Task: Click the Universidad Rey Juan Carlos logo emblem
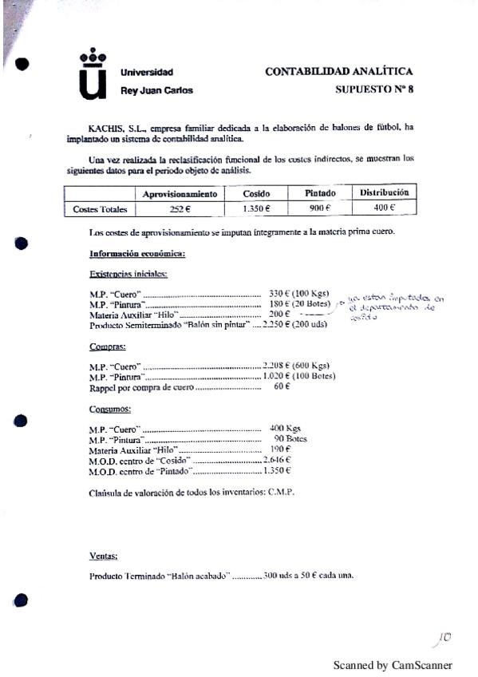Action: coord(93,75)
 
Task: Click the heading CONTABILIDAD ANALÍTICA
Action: coord(338,72)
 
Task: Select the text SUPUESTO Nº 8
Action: coord(374,90)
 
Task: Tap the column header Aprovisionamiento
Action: coord(180,194)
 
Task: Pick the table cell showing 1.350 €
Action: coord(256,208)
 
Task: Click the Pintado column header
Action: coord(320,194)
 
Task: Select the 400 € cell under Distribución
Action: coord(384,208)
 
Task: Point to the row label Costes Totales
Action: coord(100,209)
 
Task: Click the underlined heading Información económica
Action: coord(137,254)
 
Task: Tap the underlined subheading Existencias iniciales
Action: coord(128,274)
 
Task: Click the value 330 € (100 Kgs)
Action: coord(295,294)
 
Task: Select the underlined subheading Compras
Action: coord(107,347)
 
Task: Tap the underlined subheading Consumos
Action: coord(110,408)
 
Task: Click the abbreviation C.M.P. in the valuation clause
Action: coord(280,492)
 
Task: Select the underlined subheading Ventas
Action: coord(104,556)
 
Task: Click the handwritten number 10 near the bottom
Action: coord(444,637)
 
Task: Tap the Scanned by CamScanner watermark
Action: coord(392,665)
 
